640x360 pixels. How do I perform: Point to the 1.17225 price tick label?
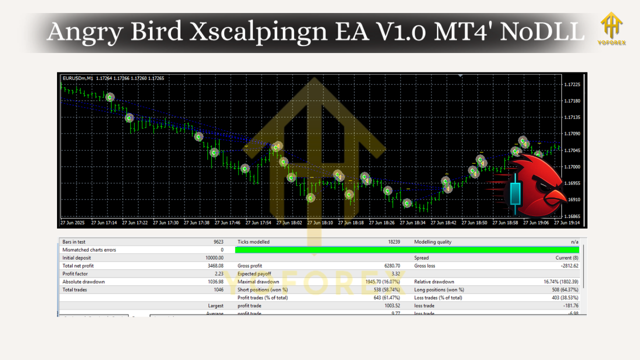[x=571, y=84]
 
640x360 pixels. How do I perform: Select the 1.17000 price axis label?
[x=571, y=166]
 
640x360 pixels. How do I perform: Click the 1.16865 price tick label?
[x=571, y=216]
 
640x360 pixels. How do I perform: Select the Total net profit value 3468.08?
[x=215, y=266]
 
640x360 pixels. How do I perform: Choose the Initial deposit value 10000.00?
[x=214, y=258]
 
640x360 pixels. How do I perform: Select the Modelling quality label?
[x=432, y=242]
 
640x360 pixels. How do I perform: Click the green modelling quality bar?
[x=407, y=249]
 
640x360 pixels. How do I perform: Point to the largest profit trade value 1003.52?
[x=390, y=306]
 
